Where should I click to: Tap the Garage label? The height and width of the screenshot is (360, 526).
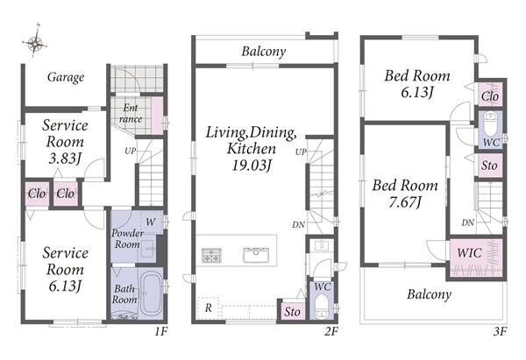coord(66,77)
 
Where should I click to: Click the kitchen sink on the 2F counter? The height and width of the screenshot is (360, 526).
coord(256,255)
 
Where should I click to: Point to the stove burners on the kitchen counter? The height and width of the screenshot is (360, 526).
coord(211,255)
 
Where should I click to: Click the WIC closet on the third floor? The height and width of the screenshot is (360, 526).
coord(476,257)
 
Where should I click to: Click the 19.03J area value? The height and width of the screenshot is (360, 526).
coord(252,166)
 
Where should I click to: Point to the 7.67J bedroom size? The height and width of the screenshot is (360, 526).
coord(405,202)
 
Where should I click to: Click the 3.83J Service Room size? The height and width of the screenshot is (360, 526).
coord(65,159)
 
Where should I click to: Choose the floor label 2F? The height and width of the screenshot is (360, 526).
coord(331,331)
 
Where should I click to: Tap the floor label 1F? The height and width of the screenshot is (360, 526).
coord(161,331)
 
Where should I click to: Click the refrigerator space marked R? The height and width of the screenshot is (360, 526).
coord(209,307)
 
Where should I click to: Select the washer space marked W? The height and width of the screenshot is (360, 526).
coord(152,222)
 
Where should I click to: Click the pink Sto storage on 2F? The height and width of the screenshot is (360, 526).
coord(292,312)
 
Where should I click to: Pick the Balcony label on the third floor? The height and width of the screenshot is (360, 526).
coord(429,294)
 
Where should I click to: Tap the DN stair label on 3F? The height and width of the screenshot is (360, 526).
coord(467,222)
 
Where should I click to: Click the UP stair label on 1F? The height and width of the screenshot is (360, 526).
coord(131,151)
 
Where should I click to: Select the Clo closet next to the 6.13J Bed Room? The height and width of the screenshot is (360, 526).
coord(490,95)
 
